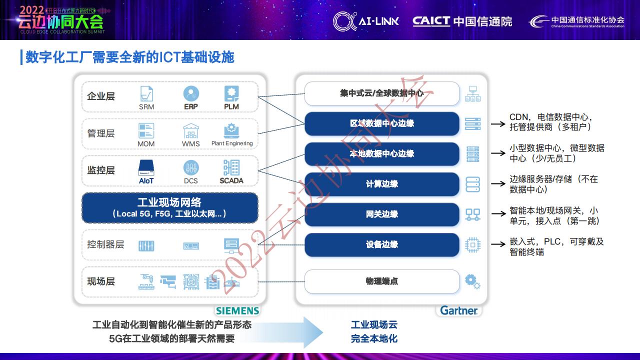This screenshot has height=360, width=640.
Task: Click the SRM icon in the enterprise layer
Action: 146,93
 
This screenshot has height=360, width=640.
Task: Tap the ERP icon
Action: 191,93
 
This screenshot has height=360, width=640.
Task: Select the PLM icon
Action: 231,93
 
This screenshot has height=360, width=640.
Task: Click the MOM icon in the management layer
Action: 146,131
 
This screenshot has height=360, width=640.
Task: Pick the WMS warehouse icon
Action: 191,131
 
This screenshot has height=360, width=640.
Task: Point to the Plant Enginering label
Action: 232,143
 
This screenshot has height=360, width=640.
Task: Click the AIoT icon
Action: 146,167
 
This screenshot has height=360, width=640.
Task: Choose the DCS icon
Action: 191,167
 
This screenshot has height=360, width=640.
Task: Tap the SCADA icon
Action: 231,167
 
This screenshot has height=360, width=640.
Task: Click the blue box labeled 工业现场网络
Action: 169,207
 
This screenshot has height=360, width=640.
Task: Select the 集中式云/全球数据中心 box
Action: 381,93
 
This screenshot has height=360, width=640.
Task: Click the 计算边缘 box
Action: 381,184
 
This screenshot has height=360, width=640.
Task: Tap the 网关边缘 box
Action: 381,214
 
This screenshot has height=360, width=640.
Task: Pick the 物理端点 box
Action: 381,281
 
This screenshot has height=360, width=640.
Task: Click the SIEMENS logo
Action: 237,310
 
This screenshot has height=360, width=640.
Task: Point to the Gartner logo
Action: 458,310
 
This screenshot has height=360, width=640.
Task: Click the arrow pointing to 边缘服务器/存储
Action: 498,184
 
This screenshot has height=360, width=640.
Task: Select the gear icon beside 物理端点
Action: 472,281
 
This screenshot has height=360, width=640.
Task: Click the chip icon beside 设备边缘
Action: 472,244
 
